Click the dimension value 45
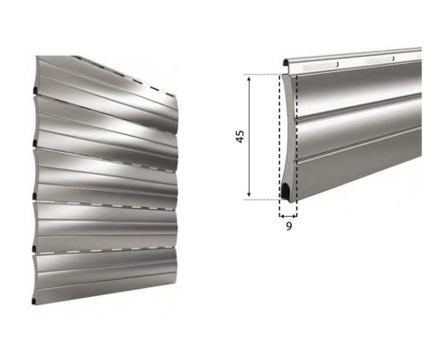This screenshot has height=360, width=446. (x=240, y=137)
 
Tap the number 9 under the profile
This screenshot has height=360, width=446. (x=288, y=226)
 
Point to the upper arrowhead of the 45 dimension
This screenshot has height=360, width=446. (x=249, y=79)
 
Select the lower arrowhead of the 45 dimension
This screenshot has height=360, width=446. (x=249, y=193)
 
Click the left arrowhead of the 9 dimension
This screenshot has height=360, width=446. (x=281, y=215)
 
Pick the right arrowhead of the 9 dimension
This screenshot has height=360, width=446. (x=295, y=215)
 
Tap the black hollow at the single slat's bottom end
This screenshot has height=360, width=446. (x=285, y=191)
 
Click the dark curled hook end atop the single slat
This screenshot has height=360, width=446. (x=285, y=63)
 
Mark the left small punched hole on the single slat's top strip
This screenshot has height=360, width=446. (x=338, y=64)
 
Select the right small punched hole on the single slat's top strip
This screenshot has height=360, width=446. (x=393, y=58)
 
